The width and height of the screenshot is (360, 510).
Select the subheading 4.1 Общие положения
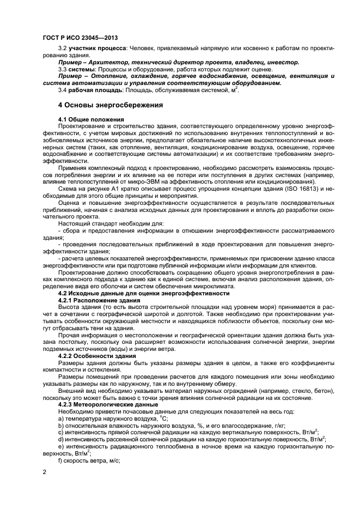pyautogui.click(x=90, y=119)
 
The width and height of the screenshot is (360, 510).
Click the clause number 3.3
pyautogui.click(x=62, y=70)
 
